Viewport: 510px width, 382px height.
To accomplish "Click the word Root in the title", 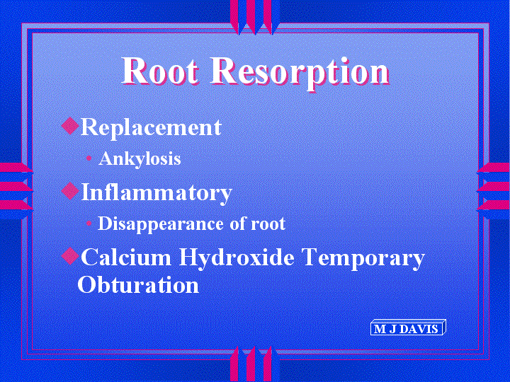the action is (x=159, y=71).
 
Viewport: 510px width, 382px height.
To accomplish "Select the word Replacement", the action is (x=151, y=127).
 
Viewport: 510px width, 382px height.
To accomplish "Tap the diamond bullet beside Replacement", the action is (x=70, y=126).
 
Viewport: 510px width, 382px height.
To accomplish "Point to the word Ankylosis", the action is (x=140, y=159).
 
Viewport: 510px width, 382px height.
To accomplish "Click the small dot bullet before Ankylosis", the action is (x=89, y=159).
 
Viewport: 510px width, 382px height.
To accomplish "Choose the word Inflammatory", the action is (x=156, y=192).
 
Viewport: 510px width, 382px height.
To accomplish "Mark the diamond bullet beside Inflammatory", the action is (x=70, y=191).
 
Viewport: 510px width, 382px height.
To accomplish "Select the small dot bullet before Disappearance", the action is (x=89, y=224).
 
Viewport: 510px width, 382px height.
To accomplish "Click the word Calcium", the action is (x=126, y=257).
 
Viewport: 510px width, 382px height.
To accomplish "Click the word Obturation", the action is (x=138, y=284).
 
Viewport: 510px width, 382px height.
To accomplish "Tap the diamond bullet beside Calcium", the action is (x=70, y=256).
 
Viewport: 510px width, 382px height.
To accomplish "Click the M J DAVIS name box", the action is (x=408, y=328).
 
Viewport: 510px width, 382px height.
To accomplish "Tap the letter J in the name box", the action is (x=393, y=329).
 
